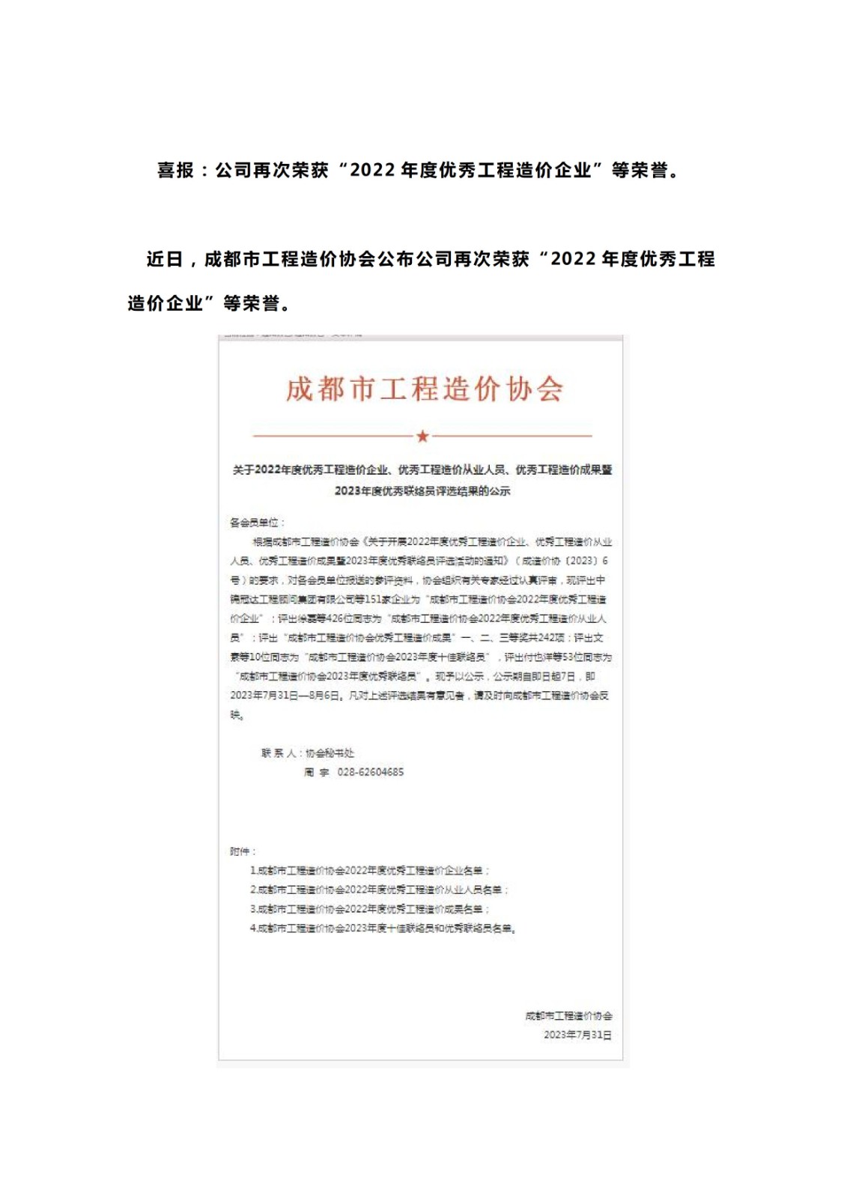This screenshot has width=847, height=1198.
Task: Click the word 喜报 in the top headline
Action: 175,171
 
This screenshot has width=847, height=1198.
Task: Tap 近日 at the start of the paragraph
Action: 165,259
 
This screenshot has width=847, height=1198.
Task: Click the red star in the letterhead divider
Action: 422,436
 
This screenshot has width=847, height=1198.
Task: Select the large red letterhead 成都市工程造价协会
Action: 424,389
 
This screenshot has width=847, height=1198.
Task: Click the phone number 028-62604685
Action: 370,772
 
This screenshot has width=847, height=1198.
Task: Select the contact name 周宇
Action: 316,772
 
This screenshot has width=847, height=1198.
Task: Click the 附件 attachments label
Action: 241,851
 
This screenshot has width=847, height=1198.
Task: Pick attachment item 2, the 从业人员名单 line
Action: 379,890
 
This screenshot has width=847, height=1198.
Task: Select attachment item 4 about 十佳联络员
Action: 383,928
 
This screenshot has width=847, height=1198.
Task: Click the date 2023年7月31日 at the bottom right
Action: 577,1035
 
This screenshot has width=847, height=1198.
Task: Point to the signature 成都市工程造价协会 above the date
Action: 568,1016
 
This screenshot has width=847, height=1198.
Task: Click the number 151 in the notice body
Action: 374,599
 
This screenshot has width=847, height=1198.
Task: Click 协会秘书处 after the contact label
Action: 330,753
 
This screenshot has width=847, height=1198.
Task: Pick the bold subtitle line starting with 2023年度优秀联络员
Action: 422,491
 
